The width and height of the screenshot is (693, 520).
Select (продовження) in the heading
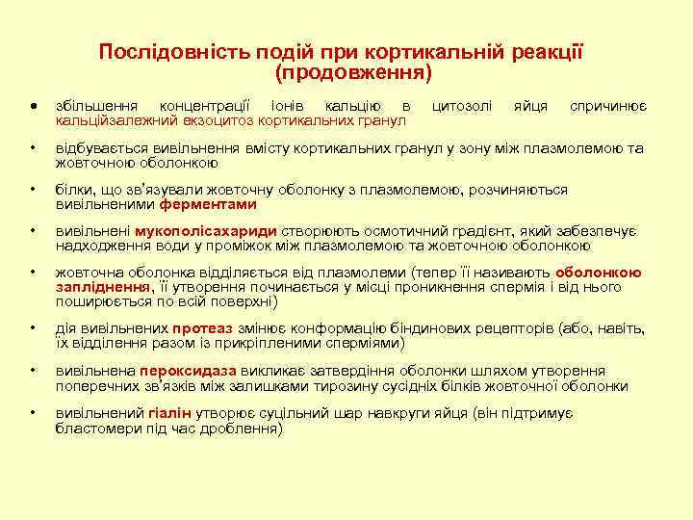point(353,72)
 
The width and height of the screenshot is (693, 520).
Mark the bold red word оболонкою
point(598,273)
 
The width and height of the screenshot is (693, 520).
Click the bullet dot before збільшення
point(34,106)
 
